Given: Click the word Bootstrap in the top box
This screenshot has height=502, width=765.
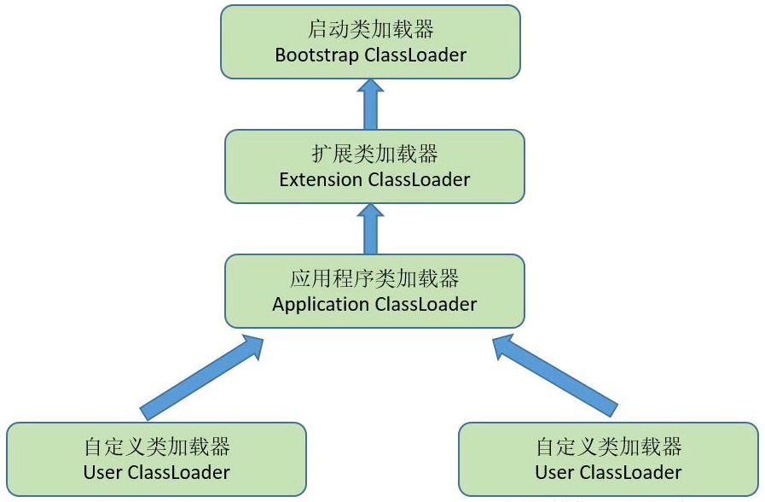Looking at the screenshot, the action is click(x=316, y=55).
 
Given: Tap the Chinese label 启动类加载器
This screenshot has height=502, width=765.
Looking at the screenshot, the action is click(x=370, y=29).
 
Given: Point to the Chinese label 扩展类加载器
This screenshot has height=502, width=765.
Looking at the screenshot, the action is click(x=374, y=154).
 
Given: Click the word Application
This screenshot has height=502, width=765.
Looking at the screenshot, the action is click(x=321, y=305).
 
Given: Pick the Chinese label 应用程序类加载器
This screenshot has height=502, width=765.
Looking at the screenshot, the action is click(x=374, y=278).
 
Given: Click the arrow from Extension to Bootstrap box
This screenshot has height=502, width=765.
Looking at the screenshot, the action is click(x=370, y=104).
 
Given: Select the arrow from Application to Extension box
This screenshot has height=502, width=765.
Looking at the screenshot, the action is click(x=370, y=229).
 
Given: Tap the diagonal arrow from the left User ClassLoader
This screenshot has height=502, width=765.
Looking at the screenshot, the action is click(x=201, y=377).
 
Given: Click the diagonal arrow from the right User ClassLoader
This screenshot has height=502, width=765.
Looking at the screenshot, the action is click(x=555, y=376).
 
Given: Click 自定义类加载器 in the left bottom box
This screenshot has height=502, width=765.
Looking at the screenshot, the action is click(x=157, y=447).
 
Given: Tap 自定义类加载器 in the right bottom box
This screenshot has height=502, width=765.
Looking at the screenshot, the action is click(x=608, y=447).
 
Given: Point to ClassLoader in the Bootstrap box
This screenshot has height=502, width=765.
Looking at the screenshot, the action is click(x=415, y=55).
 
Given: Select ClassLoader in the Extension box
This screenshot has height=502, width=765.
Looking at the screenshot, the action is click(x=419, y=179).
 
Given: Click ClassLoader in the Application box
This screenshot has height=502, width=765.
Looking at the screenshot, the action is click(x=426, y=304).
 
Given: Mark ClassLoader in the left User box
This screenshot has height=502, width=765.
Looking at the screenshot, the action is click(x=178, y=472).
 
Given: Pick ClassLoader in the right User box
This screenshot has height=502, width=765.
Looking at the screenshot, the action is click(x=630, y=472).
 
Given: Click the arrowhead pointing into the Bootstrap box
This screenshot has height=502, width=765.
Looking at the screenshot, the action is click(x=370, y=86).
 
